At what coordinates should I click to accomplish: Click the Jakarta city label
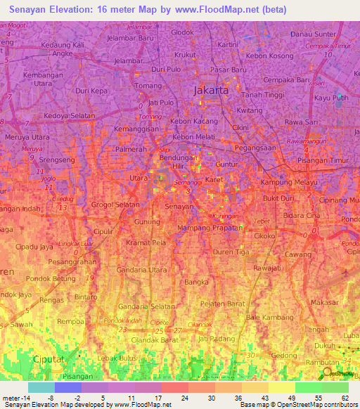tap(210, 91)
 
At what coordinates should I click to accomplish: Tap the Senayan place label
tap(179, 207)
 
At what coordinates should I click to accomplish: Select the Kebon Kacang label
tap(194, 121)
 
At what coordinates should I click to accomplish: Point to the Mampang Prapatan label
tap(209, 228)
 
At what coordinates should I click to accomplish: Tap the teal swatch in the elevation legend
tap(41, 387)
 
